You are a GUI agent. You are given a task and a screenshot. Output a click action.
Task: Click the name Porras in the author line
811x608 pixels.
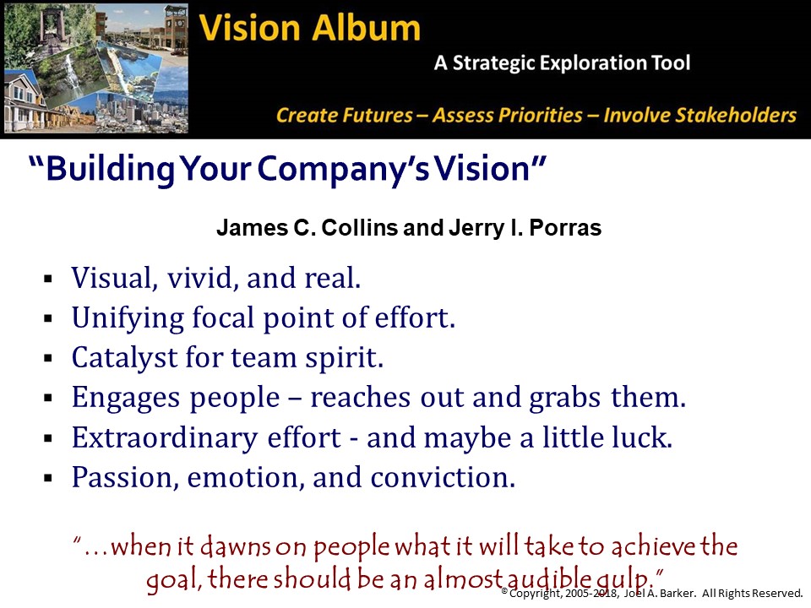point(565,227)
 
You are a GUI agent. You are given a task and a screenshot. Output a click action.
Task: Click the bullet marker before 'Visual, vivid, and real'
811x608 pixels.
point(49,280)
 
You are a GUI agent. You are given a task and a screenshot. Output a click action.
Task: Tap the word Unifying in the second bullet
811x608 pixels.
point(128,318)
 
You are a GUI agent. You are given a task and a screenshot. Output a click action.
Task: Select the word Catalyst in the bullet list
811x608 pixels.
point(124,358)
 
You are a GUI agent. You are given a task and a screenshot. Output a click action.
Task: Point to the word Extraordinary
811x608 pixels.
point(164,438)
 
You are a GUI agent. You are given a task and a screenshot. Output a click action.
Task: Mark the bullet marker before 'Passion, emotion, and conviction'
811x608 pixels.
point(49,478)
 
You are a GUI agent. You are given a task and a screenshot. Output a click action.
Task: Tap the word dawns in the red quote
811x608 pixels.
point(236,546)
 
